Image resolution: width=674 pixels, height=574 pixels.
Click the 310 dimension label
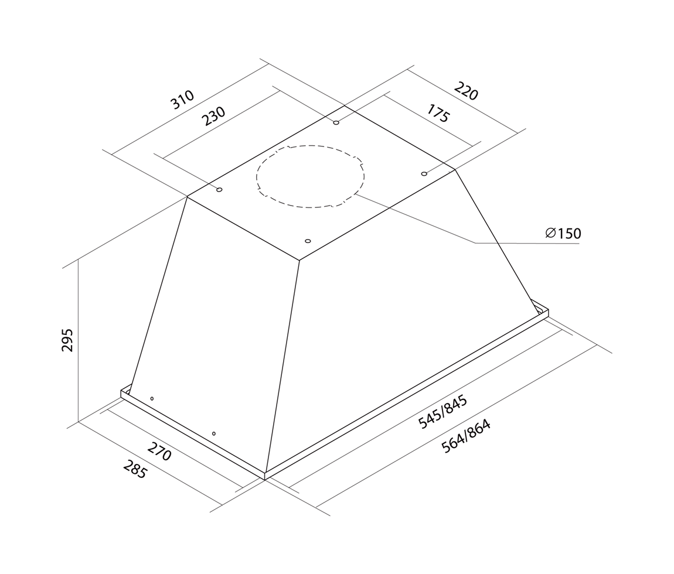(x=183, y=100)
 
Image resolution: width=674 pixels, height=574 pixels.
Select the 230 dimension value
(x=214, y=116)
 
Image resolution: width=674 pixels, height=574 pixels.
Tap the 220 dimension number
(x=466, y=91)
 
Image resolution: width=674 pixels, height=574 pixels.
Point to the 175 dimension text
(x=438, y=113)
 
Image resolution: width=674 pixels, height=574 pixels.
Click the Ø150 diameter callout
(x=563, y=233)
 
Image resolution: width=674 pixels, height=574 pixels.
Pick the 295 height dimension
(x=67, y=340)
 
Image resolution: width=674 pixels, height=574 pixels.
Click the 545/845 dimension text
(x=442, y=412)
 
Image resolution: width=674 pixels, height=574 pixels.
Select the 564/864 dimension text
(x=466, y=436)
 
